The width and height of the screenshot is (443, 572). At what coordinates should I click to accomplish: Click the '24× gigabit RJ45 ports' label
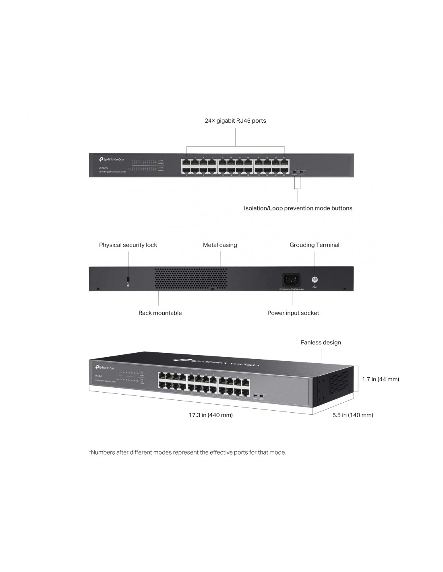click(x=235, y=121)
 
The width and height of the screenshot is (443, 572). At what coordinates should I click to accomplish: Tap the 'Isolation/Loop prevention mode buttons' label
click(x=298, y=208)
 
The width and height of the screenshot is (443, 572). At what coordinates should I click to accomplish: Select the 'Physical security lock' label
click(x=128, y=245)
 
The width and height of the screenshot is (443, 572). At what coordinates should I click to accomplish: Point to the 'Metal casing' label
click(x=220, y=245)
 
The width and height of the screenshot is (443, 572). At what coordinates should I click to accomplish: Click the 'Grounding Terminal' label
click(x=314, y=245)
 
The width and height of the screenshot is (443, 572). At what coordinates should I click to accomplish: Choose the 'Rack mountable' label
click(x=160, y=313)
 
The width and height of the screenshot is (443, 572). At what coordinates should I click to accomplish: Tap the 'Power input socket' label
click(x=293, y=313)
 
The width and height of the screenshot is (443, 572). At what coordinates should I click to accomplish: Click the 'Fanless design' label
click(x=321, y=343)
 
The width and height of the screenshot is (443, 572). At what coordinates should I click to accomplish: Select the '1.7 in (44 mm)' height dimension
click(x=380, y=379)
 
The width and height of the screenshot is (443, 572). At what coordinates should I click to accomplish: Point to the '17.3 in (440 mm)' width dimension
click(x=211, y=415)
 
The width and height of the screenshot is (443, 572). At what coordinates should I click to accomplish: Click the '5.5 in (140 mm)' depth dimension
click(x=352, y=415)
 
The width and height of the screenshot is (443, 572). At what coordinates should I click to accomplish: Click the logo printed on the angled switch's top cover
click(x=216, y=362)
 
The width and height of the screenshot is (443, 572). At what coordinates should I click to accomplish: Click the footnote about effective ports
click(x=187, y=453)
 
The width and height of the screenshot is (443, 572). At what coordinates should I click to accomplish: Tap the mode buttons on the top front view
click(x=298, y=173)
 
